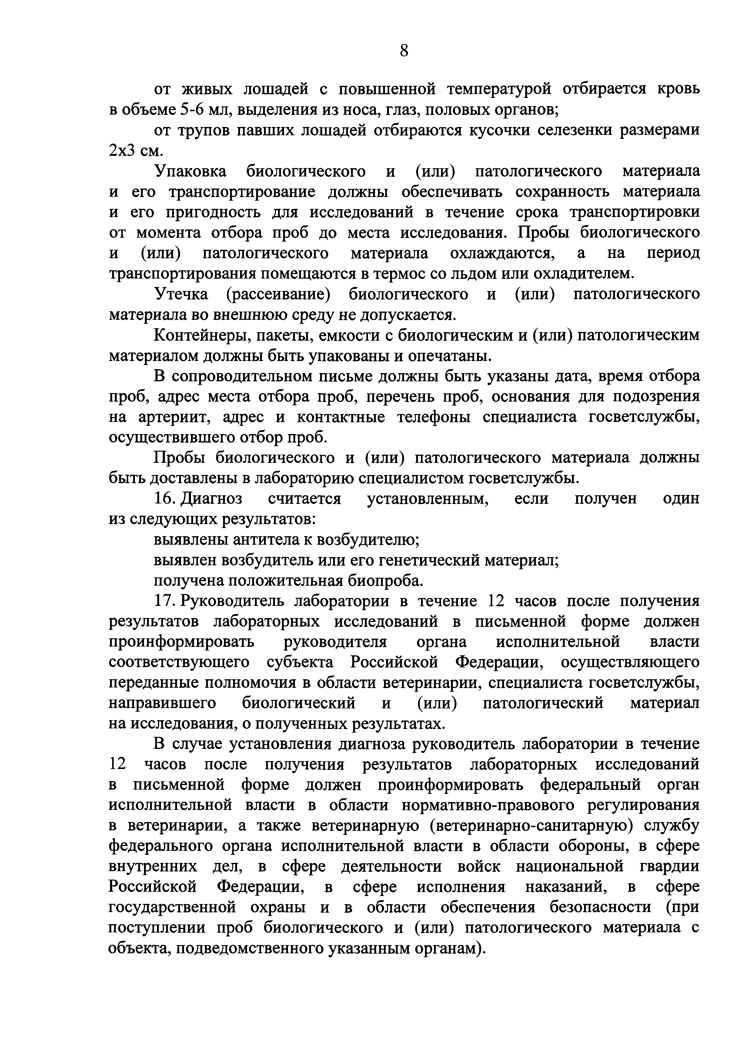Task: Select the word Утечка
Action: (x=181, y=294)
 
